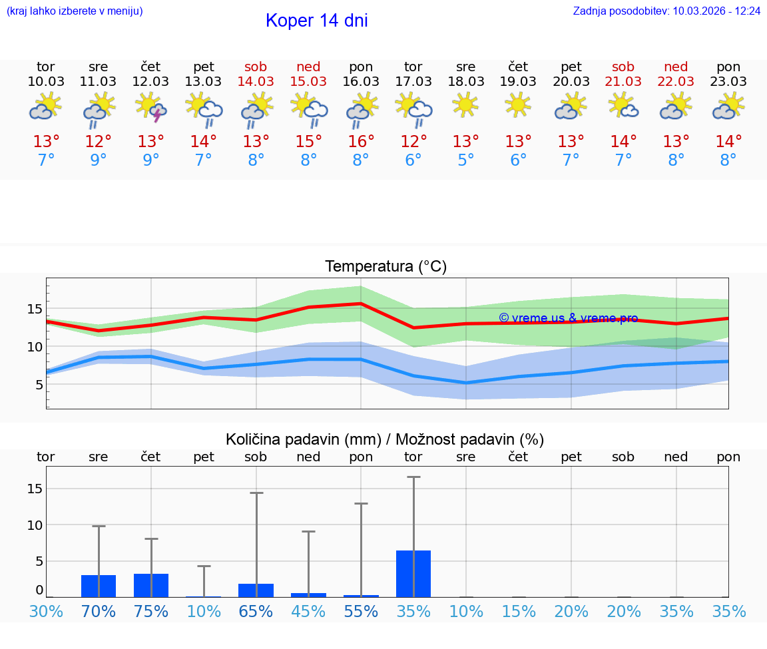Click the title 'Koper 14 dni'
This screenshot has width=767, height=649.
tap(316, 21)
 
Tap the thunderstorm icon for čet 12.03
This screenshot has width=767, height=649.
tap(151, 108)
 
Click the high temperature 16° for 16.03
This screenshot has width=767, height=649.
tap(361, 142)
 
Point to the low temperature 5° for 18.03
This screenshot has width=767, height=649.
tap(465, 160)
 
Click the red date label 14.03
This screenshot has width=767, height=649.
tap(256, 81)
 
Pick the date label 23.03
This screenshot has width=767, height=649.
tap(728, 81)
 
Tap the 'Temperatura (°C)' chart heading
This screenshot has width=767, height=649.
tap(385, 267)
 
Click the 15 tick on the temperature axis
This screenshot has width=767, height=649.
tap(35, 309)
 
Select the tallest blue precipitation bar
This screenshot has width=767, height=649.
tap(413, 573)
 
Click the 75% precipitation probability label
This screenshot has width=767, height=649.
tap(151, 611)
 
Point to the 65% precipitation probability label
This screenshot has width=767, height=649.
tap(256, 611)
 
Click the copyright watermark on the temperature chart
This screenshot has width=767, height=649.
tap(568, 318)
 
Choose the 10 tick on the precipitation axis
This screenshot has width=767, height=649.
tap(35, 525)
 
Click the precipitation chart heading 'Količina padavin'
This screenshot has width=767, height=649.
tap(385, 439)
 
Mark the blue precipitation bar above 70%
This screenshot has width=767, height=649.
tap(99, 586)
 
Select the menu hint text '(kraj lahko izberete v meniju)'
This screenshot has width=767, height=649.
tap(75, 11)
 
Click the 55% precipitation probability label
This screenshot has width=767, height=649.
tap(361, 611)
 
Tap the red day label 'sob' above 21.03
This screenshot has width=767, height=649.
tap(623, 67)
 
